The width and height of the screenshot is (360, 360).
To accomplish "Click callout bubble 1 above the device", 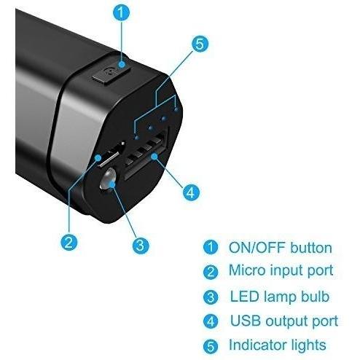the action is pyautogui.click(x=122, y=13).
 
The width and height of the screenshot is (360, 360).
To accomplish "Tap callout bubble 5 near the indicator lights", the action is pyautogui.click(x=200, y=44).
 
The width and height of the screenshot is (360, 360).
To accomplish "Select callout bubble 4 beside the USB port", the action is pyautogui.click(x=191, y=192).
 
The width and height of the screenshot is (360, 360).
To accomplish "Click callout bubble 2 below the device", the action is pyautogui.click(x=69, y=242).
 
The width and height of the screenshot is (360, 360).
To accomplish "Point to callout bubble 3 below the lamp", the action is pyautogui.click(x=141, y=245).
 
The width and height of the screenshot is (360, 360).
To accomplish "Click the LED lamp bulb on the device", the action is pyautogui.click(x=109, y=179).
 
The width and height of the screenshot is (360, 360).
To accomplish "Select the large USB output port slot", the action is pyautogui.click(x=146, y=155).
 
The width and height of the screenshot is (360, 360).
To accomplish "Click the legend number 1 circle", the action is pyautogui.click(x=211, y=247).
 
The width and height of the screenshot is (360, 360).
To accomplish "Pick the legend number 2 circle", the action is pyautogui.click(x=211, y=272).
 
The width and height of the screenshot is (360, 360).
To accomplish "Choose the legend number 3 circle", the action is pyautogui.click(x=211, y=297).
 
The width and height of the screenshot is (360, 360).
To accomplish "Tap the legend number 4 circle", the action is pyautogui.click(x=211, y=321).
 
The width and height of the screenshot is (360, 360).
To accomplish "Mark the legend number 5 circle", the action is pyautogui.click(x=211, y=346).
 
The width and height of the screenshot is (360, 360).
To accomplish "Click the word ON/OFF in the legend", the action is pyautogui.click(x=257, y=248).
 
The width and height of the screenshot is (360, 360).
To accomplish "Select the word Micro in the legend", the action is pyautogui.click(x=247, y=270).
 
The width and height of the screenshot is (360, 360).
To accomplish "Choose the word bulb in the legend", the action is pyautogui.click(x=315, y=296).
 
